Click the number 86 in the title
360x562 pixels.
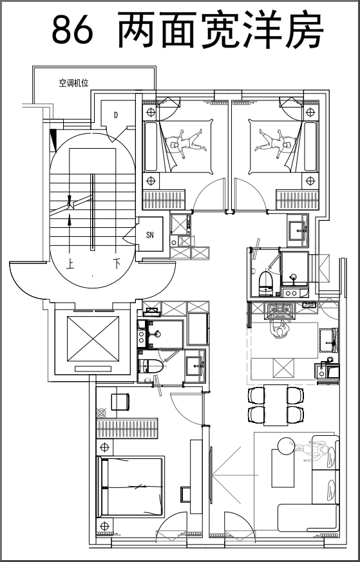coord(72,30)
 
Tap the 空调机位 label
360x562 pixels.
coord(73,84)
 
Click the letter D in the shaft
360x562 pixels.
coord(115,115)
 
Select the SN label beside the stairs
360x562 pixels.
coord(150,235)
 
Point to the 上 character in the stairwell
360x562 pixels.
coord(70,265)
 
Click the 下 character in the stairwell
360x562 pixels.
coord(117,265)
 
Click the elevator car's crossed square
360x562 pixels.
coord(93,339)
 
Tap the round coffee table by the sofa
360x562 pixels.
coord(285,446)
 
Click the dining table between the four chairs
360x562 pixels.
coord(276,405)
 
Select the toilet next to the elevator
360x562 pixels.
coord(151,366)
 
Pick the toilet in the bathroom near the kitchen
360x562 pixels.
coord(265,283)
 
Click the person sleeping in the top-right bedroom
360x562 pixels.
coord(275,144)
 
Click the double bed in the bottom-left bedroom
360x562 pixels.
coord(131,487)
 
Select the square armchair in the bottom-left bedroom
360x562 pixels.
coord(120,402)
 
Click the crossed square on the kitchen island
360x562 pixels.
coord(283,368)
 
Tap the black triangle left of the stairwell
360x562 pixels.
coord(53,140)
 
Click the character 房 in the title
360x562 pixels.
coord(305,30)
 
